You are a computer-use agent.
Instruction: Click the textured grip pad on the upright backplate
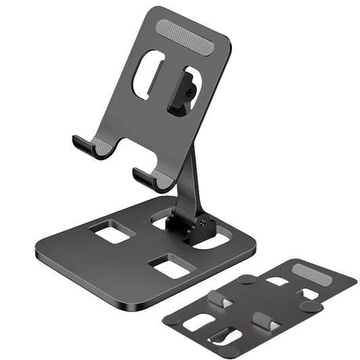[x=185, y=34]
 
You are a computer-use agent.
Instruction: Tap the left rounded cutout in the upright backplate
[x=148, y=74]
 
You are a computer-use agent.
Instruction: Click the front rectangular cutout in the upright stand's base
[x=171, y=266]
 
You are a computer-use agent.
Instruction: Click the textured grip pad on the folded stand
[x=313, y=275]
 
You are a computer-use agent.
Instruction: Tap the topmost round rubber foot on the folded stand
[x=248, y=278]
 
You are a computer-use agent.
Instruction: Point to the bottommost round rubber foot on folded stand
[x=229, y=351]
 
